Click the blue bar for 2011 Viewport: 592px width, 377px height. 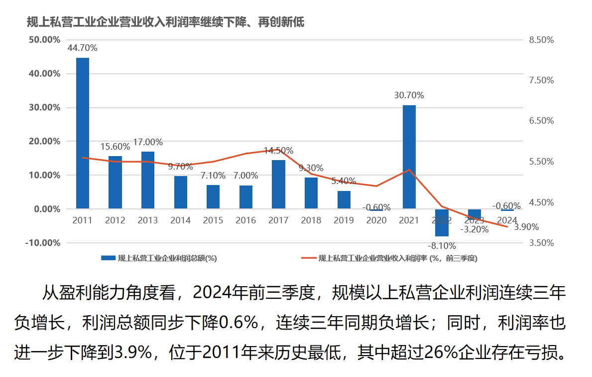click(x=83, y=133)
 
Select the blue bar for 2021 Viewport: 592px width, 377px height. click(x=409, y=157)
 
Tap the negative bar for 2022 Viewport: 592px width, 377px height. click(x=442, y=222)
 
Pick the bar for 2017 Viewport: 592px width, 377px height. click(x=279, y=184)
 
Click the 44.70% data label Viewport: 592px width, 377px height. click(x=83, y=48)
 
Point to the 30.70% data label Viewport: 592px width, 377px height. click(x=409, y=95)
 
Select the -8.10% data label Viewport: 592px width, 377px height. click(x=442, y=246)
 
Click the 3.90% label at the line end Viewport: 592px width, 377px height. click(x=526, y=227)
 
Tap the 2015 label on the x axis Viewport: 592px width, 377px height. click(x=213, y=220)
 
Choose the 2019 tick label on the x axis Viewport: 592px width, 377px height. click(x=344, y=220)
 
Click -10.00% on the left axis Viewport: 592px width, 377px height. click(x=44, y=243)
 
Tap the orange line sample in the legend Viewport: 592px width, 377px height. click(x=309, y=258)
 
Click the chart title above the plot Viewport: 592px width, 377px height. click(x=165, y=22)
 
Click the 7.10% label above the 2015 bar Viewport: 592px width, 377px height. click(x=213, y=176)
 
